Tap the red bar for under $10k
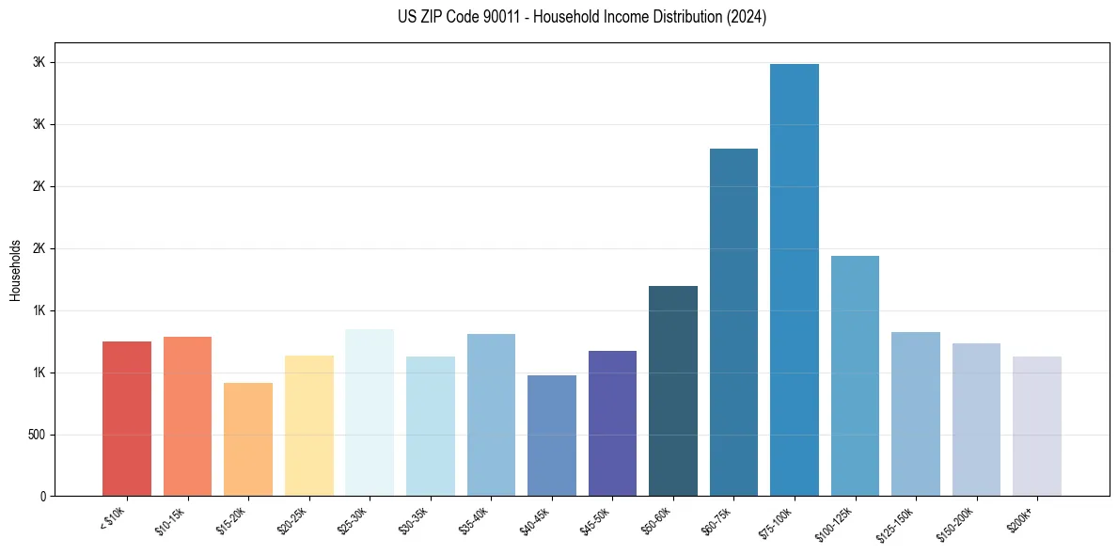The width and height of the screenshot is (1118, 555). (x=127, y=419)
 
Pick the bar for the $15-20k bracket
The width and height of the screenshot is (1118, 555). (x=248, y=439)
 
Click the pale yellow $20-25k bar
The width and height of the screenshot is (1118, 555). (x=309, y=426)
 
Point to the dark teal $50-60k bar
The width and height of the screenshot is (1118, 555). (x=673, y=391)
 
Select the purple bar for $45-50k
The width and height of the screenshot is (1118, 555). (x=612, y=423)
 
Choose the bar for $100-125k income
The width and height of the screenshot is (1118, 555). (x=855, y=376)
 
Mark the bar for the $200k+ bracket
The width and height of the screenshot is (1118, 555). (x=1037, y=426)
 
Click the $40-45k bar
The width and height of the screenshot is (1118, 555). (x=552, y=436)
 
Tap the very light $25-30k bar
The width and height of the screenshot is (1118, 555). (x=370, y=413)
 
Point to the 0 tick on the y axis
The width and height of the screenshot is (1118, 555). (x=42, y=497)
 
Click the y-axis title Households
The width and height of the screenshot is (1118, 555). (x=15, y=270)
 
